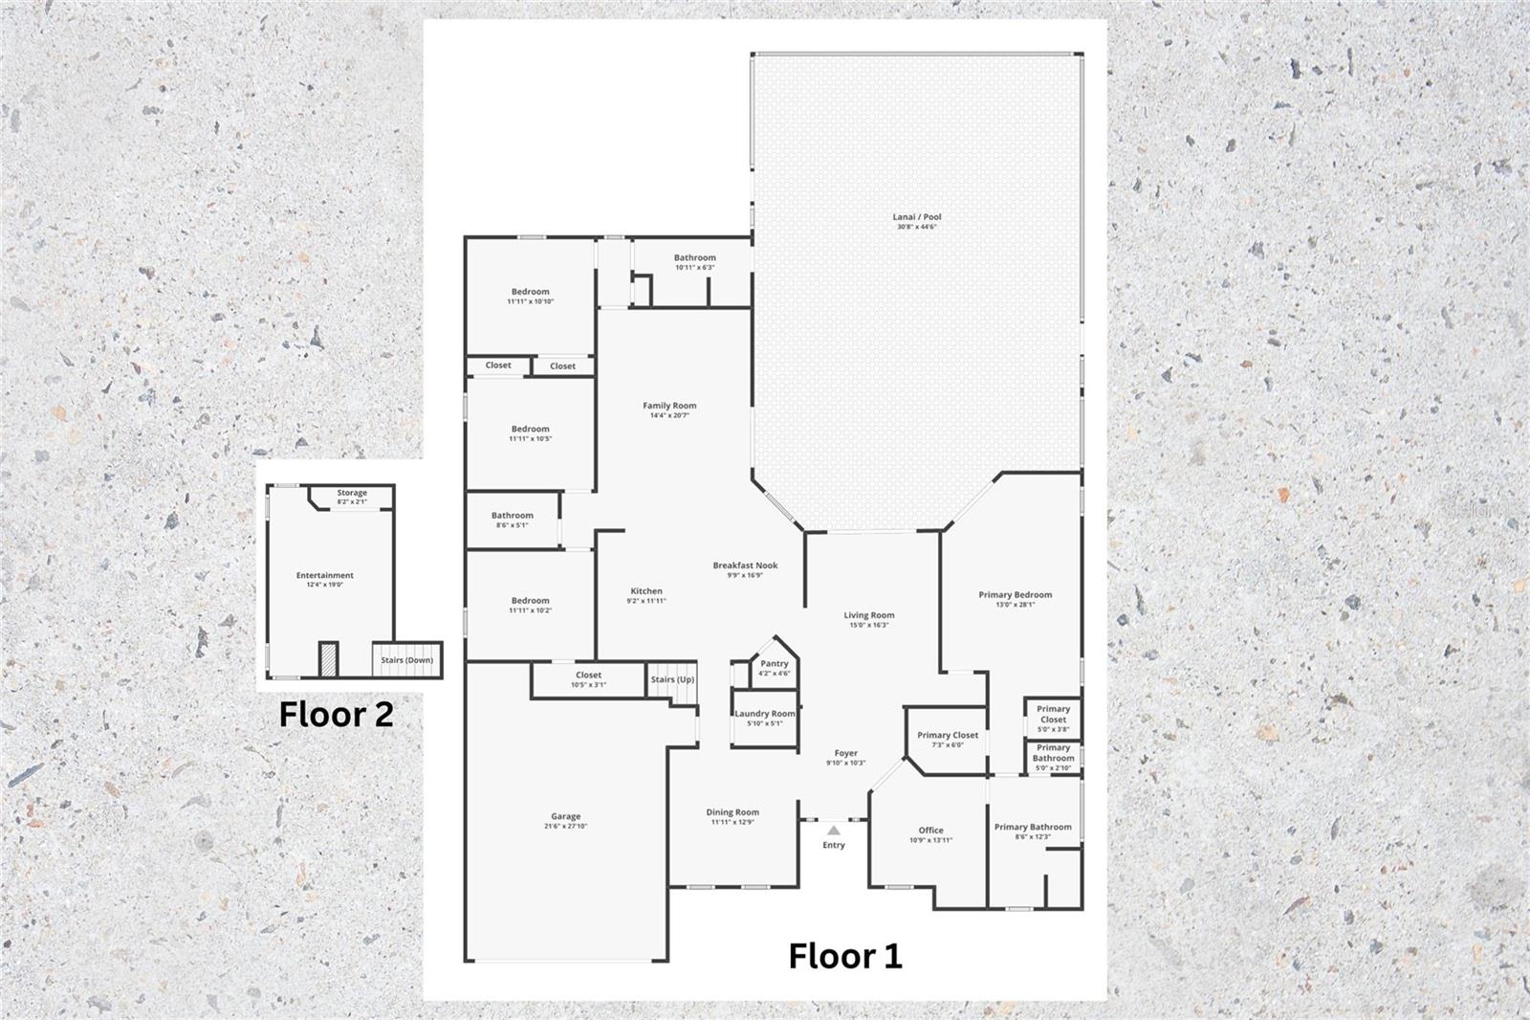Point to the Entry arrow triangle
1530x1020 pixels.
coord(834,831)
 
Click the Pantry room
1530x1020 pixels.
coord(774,664)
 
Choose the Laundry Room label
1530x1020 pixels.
coord(764,714)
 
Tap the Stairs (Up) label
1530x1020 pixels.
coord(672,679)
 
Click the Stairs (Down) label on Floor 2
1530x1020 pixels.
coord(406,660)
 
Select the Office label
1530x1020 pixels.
coord(930,831)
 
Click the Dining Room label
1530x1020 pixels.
coord(732,812)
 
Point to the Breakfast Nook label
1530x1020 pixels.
coord(745,565)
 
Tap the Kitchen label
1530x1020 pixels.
coord(646,591)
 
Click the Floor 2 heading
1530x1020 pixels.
coord(336,715)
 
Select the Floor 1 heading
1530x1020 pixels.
coord(844,956)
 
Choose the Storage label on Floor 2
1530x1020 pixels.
coord(352,494)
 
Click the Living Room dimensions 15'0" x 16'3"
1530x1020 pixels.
coord(869,626)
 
